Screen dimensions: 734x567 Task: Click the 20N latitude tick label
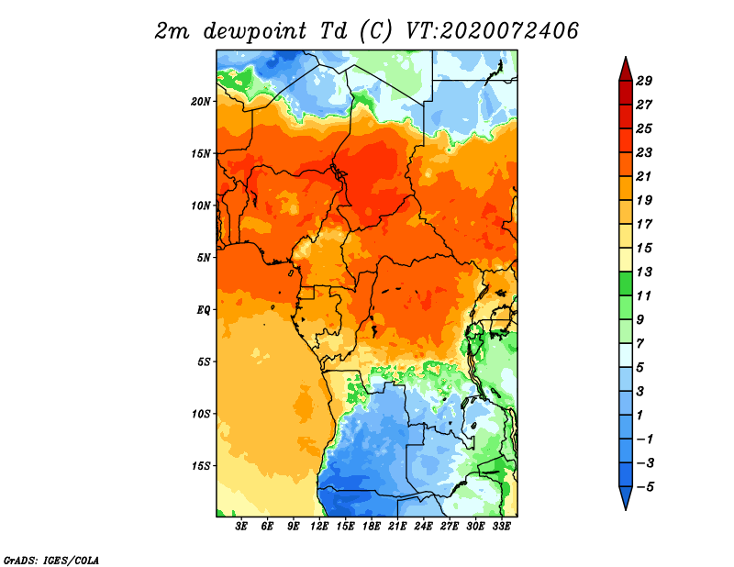201,102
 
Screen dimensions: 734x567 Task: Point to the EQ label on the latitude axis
203,310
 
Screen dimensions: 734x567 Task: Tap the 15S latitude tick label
201,466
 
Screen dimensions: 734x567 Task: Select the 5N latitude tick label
204,258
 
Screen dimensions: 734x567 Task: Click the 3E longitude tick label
241,527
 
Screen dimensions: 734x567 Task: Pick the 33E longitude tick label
501,527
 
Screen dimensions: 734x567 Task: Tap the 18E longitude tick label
372,527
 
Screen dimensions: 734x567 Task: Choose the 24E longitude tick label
423,527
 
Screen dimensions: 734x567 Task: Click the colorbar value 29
644,81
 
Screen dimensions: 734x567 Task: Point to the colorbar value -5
645,487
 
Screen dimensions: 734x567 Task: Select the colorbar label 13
644,272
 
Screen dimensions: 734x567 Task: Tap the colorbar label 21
644,176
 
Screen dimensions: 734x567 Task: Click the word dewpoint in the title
254,32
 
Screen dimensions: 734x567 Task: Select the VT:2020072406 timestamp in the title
492,31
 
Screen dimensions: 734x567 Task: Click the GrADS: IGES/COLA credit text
51,560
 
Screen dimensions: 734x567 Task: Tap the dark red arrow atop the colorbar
626,70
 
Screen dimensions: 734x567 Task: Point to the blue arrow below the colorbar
626,497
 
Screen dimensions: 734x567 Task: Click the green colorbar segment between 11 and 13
626,283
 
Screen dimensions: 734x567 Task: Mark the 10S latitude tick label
201,414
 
